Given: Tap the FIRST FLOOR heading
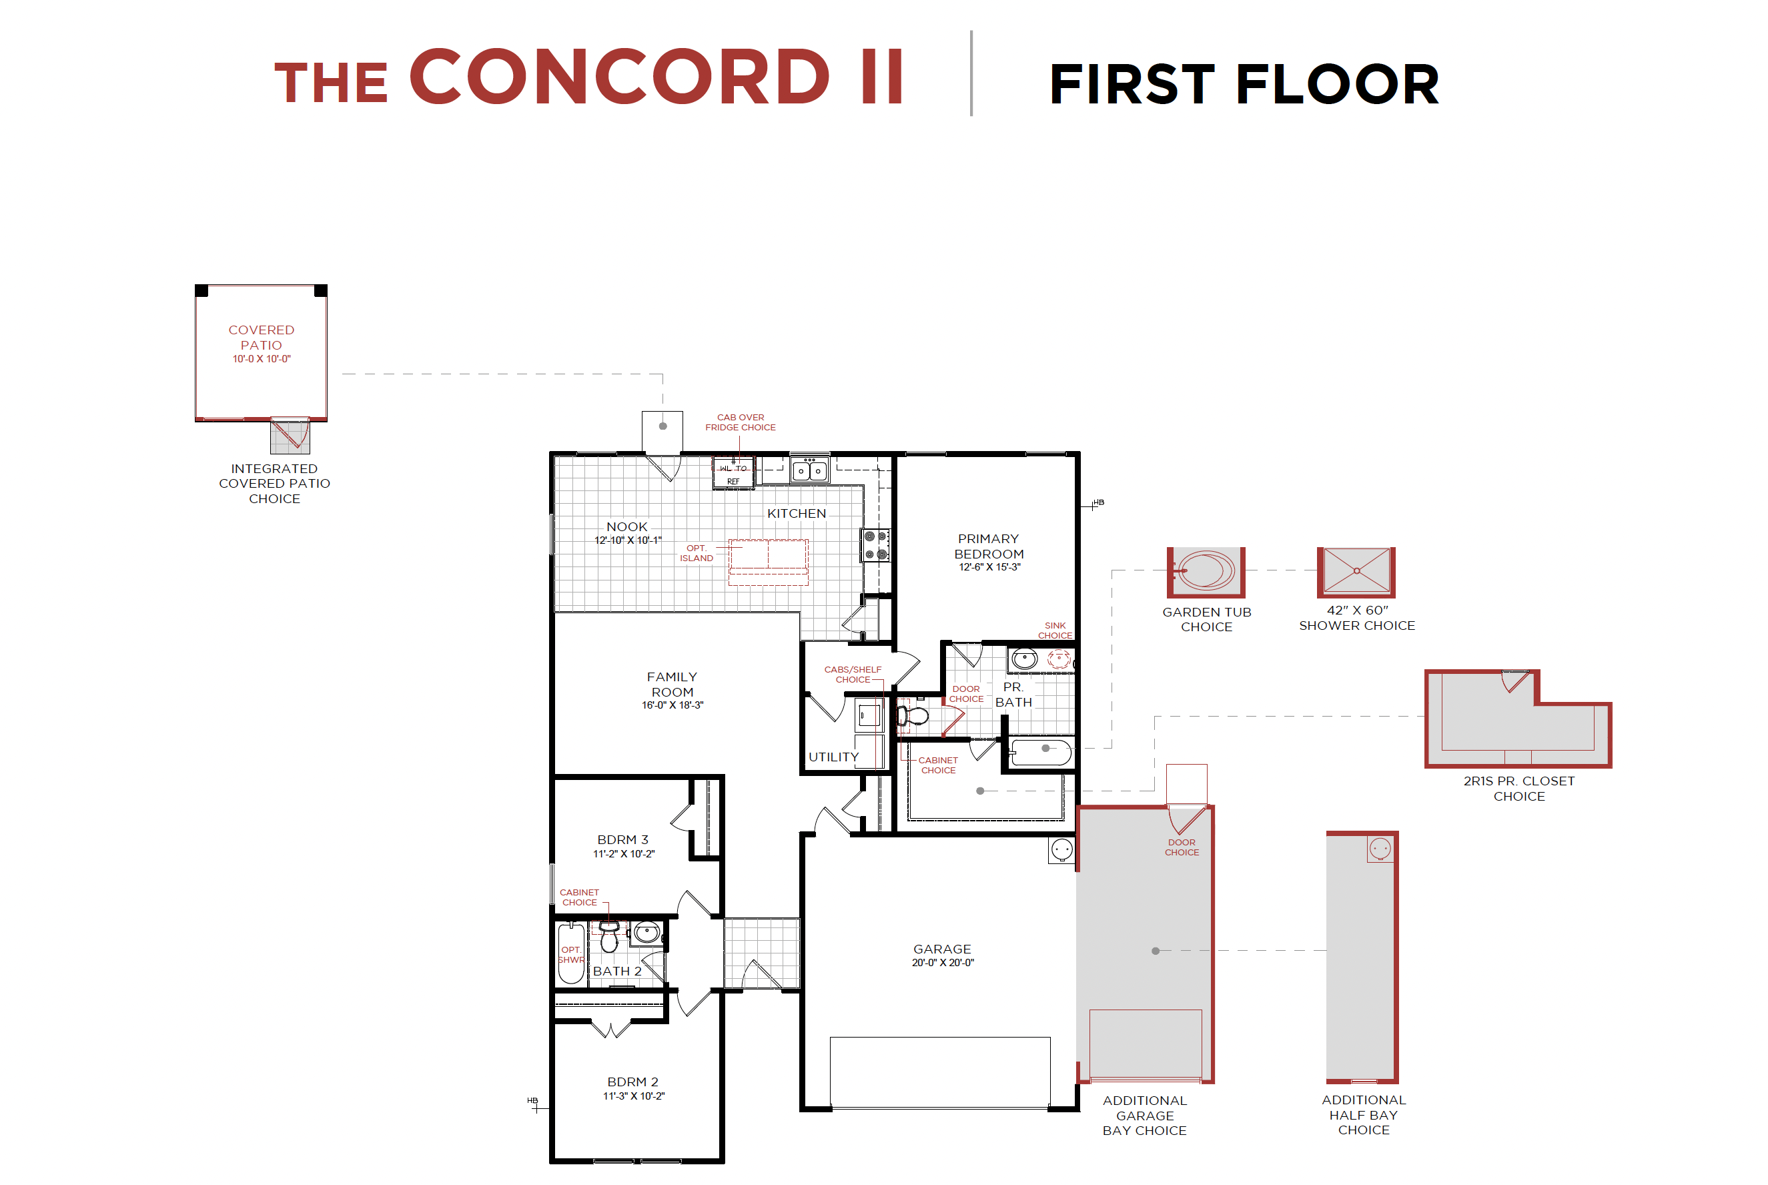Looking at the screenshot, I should [1244, 84].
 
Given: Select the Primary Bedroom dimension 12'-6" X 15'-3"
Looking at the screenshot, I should [989, 566].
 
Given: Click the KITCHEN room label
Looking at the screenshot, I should [797, 513].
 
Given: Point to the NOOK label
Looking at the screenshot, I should [626, 526].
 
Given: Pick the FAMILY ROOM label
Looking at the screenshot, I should [672, 684].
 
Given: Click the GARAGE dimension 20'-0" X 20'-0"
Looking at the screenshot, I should [942, 962].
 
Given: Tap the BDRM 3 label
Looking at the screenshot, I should [622, 839].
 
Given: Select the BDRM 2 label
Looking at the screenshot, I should [632, 1082].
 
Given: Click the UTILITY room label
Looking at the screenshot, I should [833, 757].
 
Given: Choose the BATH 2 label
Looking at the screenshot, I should [616, 970].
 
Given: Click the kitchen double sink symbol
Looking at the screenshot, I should [809, 470].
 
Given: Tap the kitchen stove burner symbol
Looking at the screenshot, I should [875, 545].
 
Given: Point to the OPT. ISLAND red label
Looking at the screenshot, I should [696, 552].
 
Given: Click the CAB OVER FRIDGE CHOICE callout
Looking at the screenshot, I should [740, 422].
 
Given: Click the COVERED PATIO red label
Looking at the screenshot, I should [262, 337].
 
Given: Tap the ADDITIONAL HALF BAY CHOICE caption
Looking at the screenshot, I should [1363, 1114].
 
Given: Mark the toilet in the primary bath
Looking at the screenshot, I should [913, 715].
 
